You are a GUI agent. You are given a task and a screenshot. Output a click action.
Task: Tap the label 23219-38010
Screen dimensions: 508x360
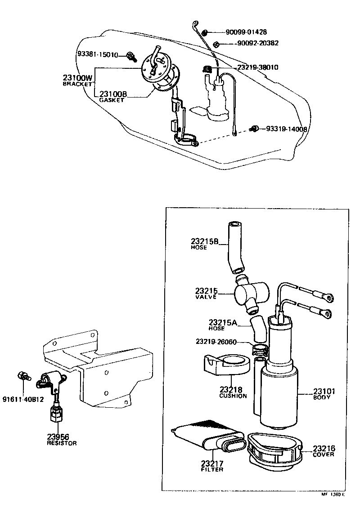pos(257,67)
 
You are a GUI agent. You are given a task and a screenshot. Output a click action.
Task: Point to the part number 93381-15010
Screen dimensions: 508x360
pos(97,55)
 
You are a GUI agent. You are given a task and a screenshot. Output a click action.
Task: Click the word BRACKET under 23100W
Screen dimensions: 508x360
pos(77,84)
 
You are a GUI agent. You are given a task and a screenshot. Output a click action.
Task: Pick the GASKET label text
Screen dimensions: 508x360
pos(111,100)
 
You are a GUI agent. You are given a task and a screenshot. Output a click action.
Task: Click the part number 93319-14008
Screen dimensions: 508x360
pos(287,129)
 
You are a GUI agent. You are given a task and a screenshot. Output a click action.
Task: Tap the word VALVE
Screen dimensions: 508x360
pos(206,297)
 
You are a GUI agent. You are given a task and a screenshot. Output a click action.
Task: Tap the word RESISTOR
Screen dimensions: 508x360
pos(62,443)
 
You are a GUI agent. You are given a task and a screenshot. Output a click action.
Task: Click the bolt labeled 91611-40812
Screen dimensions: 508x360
pos(22,376)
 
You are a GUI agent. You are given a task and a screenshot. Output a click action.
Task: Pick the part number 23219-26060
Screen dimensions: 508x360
pos(216,342)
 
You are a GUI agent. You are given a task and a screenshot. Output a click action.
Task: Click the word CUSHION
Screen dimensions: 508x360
pos(233,396)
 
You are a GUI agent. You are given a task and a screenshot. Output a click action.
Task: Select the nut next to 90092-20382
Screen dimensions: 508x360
pos(216,44)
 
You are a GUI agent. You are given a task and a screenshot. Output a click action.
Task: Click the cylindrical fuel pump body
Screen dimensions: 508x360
pos(279,391)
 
